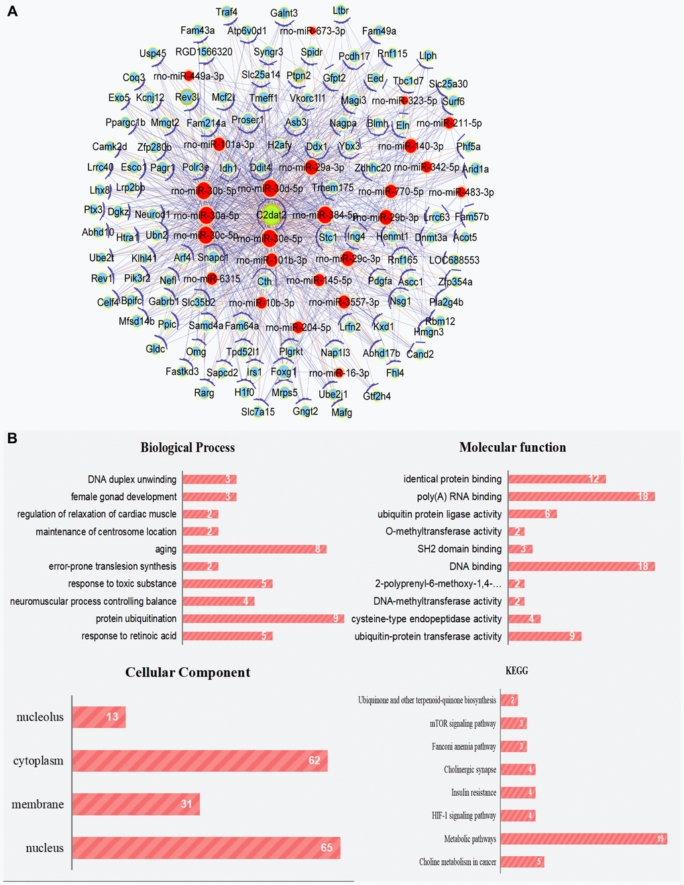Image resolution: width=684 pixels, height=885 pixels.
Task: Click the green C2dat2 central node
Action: point(271,215)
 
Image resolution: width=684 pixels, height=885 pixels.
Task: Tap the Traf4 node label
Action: point(227,12)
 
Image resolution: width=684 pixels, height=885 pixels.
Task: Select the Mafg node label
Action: point(341,412)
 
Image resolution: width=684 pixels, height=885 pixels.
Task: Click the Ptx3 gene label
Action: point(93,210)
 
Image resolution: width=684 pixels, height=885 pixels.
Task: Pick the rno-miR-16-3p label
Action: point(339,373)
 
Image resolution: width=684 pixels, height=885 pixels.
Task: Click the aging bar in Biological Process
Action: point(254,549)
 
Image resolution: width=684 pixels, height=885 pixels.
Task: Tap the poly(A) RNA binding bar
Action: point(581,497)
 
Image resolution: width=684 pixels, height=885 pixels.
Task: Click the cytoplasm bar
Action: point(200,761)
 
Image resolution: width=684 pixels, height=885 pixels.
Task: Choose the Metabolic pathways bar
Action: point(583,839)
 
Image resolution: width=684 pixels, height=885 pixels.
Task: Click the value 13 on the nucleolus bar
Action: point(112,717)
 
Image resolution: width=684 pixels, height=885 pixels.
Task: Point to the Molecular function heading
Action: point(512,447)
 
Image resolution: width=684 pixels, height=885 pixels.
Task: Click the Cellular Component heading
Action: point(188,672)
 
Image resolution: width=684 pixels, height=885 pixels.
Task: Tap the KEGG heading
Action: point(516,670)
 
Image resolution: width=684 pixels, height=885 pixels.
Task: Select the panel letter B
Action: point(11,438)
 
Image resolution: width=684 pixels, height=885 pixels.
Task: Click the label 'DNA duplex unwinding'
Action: point(132,479)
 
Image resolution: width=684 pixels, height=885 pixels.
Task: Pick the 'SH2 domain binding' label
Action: point(459,549)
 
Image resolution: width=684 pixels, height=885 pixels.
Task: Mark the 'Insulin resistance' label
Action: point(473,792)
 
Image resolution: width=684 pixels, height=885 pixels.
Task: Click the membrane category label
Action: point(38,805)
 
